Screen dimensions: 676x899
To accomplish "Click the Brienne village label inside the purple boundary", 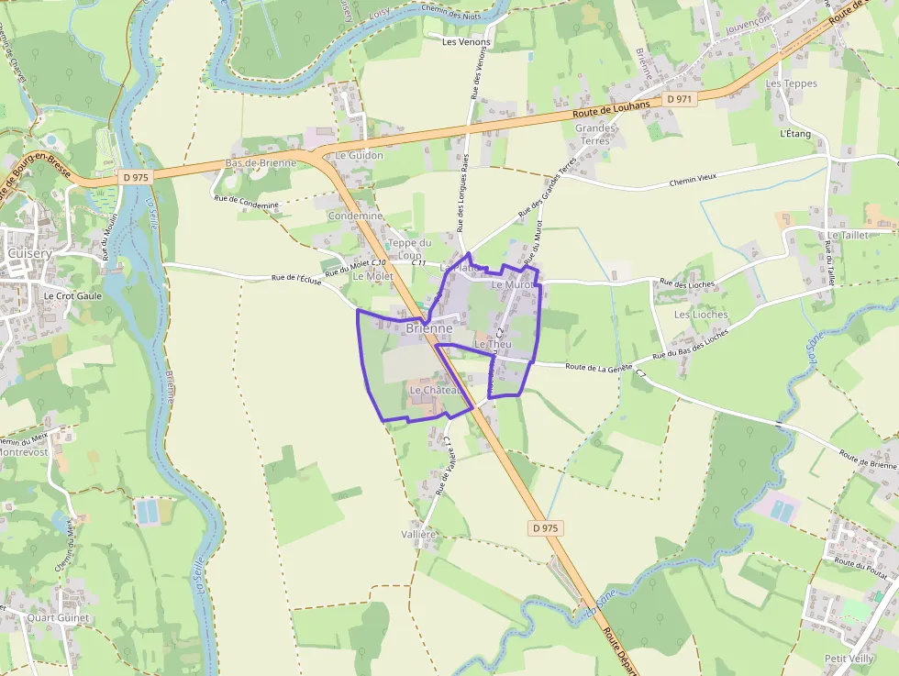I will (428, 328).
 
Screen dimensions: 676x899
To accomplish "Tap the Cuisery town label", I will (28, 252).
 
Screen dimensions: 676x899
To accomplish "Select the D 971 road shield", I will (679, 98).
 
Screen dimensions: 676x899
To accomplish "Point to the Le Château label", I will (434, 390).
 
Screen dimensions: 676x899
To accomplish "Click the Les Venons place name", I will (466, 42).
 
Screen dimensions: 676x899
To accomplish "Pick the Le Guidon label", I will (359, 156).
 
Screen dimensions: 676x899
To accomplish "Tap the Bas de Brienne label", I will (261, 163).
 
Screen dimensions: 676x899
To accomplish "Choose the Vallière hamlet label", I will (418, 534).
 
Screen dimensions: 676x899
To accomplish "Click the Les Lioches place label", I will (701, 315).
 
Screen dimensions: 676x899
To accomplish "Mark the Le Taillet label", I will (847, 236).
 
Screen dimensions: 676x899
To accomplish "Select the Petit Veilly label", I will (848, 659).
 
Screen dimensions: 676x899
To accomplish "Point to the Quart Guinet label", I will (59, 618).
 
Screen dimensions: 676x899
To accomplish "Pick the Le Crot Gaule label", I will (72, 296).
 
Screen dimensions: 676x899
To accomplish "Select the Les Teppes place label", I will (791, 83).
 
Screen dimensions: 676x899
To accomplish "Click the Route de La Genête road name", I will (599, 367).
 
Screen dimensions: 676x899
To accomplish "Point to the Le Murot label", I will (512, 285).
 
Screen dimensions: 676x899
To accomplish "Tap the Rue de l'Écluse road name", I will (296, 279).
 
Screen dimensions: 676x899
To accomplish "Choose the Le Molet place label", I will (372, 276).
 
